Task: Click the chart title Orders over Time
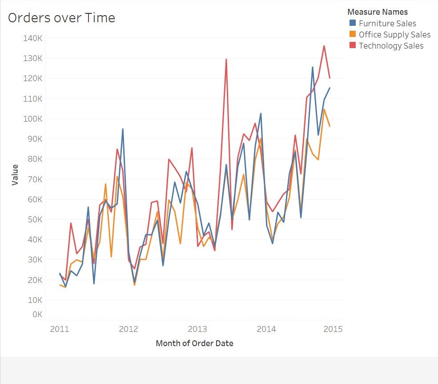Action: tap(61, 18)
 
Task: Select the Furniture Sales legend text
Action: tap(387, 23)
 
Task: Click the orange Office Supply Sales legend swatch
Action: tap(353, 34)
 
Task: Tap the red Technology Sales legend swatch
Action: tap(353, 45)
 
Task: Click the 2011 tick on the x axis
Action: tap(59, 329)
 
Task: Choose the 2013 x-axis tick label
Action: tap(197, 329)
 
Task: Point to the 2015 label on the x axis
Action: tap(335, 329)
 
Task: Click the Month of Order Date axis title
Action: tap(194, 343)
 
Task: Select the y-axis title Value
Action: tap(15, 175)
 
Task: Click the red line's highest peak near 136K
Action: tap(324, 46)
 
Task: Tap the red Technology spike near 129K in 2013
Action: tap(226, 59)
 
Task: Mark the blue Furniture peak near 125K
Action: tap(313, 67)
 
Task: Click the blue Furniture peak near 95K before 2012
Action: tap(123, 129)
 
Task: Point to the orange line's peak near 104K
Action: tap(324, 109)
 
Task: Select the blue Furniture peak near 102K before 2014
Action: tap(261, 114)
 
